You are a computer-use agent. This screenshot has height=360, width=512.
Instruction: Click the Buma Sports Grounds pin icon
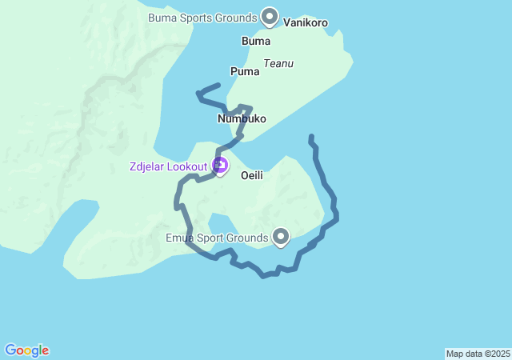[270, 16]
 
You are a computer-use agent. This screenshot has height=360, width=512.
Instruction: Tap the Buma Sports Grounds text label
[202, 17]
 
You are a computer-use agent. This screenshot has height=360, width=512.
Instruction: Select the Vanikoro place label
[306, 23]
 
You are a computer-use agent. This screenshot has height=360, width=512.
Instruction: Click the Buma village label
[255, 41]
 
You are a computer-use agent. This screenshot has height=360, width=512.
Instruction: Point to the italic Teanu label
[278, 63]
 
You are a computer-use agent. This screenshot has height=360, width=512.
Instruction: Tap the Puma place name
[245, 71]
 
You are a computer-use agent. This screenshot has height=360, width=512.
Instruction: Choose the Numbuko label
[242, 118]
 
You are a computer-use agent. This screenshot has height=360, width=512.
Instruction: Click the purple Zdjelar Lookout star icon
[220, 166]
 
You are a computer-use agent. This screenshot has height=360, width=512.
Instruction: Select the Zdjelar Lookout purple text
[167, 166]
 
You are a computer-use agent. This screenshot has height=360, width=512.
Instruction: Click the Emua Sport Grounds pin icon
[281, 236]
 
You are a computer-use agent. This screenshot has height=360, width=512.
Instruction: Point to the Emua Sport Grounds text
[217, 238]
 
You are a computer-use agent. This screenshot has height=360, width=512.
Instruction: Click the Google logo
[26, 350]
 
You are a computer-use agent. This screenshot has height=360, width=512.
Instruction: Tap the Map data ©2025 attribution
[478, 354]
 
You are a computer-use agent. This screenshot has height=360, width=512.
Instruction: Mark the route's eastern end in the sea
[311, 137]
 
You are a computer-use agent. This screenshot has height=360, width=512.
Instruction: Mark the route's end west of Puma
[218, 85]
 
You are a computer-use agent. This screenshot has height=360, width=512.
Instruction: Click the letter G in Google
[10, 350]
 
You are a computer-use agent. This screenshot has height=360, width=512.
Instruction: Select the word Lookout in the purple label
[189, 166]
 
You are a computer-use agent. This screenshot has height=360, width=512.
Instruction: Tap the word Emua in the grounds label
[179, 238]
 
